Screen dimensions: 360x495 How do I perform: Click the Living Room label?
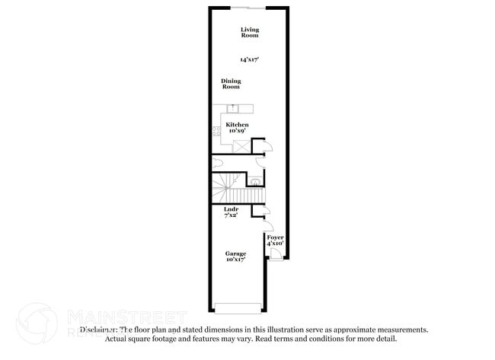[249, 33]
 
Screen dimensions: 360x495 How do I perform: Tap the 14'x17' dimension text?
[249, 59]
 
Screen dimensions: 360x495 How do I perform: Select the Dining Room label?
[231, 84]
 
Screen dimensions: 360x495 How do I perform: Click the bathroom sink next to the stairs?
[256, 181]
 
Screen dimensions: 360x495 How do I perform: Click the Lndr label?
[232, 209]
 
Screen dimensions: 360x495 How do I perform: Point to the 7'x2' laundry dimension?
[232, 215]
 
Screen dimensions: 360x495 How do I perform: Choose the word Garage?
[235, 253]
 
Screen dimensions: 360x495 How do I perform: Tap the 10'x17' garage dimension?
[235, 260]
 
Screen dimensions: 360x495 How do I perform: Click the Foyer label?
[275, 237]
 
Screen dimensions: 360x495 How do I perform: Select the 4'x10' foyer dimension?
[275, 244]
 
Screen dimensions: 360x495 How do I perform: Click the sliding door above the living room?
[248, 7]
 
